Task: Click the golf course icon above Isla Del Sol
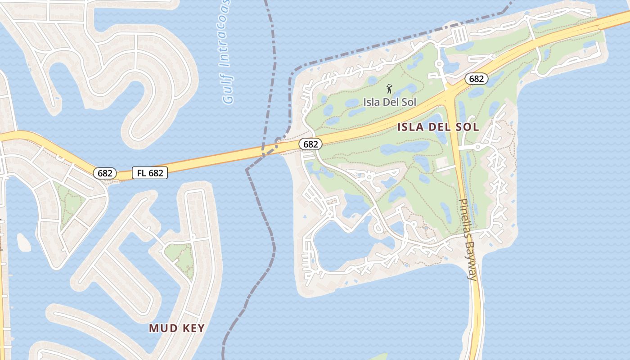click(x=390, y=89)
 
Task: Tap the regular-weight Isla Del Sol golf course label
click(x=390, y=102)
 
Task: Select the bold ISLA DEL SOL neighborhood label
click(x=438, y=127)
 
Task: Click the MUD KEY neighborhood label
click(x=177, y=328)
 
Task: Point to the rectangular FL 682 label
click(x=150, y=172)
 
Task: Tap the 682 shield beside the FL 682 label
click(x=105, y=173)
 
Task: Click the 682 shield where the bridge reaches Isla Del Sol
click(x=310, y=144)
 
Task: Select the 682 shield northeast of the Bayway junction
click(x=476, y=79)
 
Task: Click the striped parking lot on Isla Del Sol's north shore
click(x=459, y=35)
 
